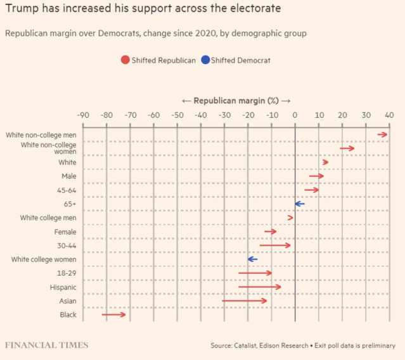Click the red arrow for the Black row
[x=114, y=314]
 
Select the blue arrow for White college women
[x=252, y=259]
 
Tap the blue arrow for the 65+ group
[x=299, y=203]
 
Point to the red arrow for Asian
[x=245, y=300]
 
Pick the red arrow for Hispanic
[x=260, y=286]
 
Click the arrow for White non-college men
[x=382, y=134]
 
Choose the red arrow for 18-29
[x=255, y=273]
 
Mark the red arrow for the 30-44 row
[x=275, y=245]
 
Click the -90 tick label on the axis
[x=83, y=115]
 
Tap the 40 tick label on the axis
[x=389, y=115]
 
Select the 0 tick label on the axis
[x=295, y=115]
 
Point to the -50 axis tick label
[x=177, y=115]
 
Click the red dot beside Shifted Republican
[x=125, y=60]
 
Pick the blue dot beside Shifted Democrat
[x=206, y=60]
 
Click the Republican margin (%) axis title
[x=236, y=101]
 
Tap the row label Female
[x=65, y=232]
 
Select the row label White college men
[x=48, y=218]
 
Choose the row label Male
[x=69, y=176]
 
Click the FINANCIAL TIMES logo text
[x=47, y=345]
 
